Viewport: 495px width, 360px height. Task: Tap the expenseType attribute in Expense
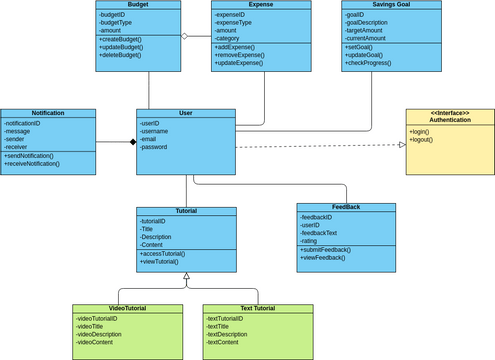[236, 23]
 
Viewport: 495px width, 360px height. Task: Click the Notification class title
[48, 114]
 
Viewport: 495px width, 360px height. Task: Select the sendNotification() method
[36, 155]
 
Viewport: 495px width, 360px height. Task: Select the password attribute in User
[154, 148]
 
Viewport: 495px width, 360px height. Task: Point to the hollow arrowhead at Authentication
[401, 145]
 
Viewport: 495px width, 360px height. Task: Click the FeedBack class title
[346, 207]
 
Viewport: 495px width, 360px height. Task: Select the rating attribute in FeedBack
[311, 240]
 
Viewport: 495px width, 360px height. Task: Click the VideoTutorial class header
[127, 308]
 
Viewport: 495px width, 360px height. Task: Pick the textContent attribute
[224, 342]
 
